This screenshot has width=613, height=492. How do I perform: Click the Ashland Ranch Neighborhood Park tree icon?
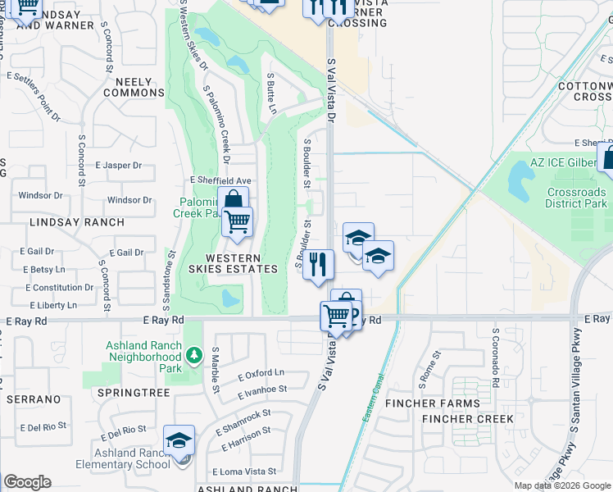tap(193, 355)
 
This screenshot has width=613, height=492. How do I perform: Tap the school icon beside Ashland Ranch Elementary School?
tap(179, 441)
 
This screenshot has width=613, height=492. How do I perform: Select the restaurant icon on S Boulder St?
tap(318, 264)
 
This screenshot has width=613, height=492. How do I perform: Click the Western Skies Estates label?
tap(222, 263)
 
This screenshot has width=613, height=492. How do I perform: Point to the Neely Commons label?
tap(134, 87)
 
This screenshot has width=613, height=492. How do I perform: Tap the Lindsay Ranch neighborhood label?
tap(77, 222)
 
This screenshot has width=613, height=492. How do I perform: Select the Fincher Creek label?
tap(468, 419)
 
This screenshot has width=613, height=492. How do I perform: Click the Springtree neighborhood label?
tap(133, 394)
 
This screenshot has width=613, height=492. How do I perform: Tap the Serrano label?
tap(34, 399)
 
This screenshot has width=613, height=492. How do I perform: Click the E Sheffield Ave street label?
tap(220, 180)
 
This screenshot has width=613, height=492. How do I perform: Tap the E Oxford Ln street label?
tap(261, 374)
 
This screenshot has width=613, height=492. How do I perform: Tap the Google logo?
tap(27, 482)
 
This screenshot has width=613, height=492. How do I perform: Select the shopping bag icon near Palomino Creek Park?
tap(234, 200)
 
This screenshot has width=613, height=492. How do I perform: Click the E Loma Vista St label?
tap(244, 472)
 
